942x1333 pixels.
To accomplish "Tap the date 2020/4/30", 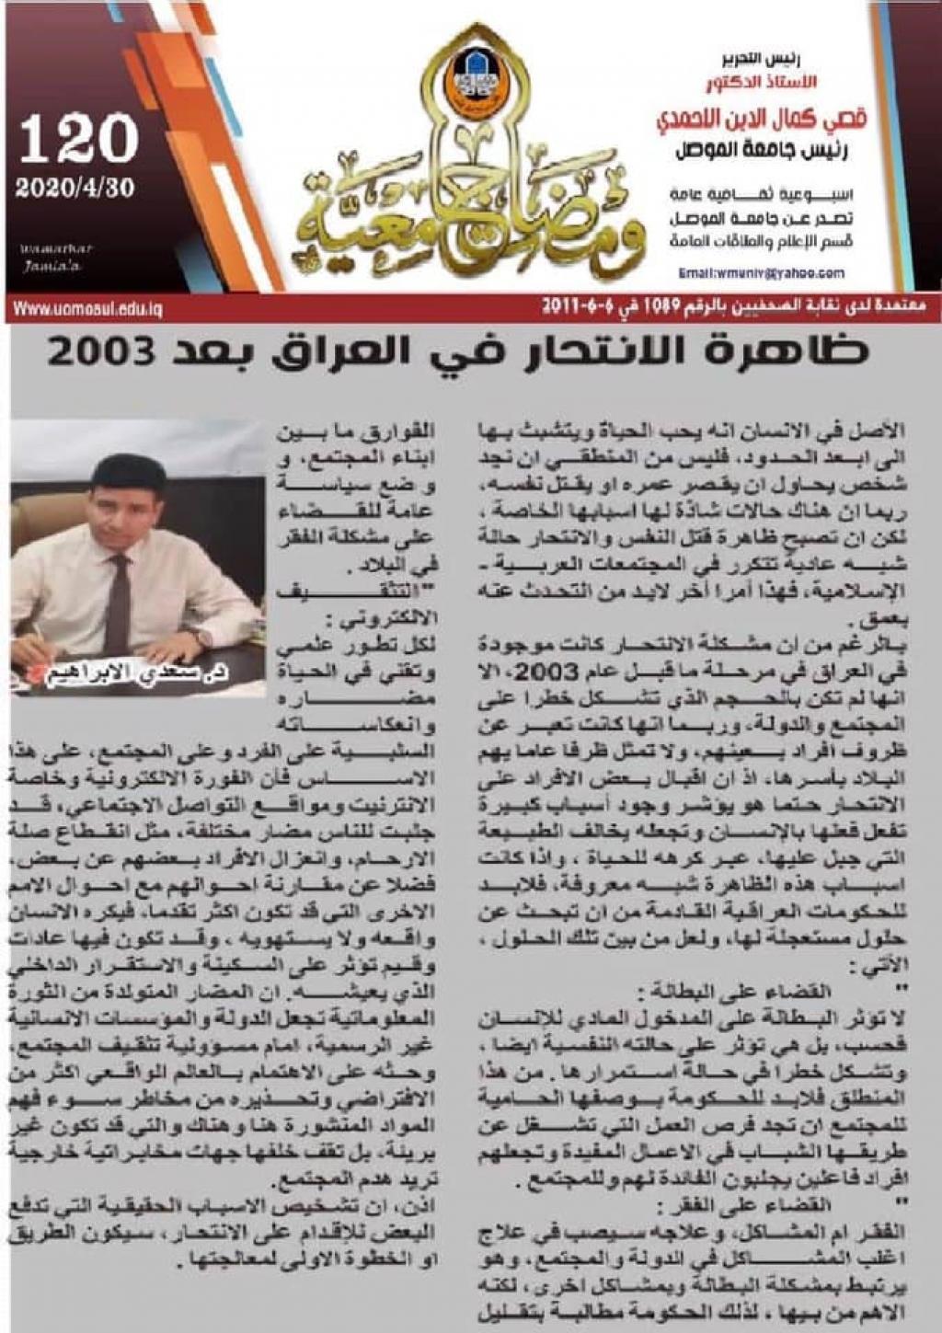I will [75, 188].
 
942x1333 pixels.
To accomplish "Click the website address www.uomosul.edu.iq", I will [87, 309].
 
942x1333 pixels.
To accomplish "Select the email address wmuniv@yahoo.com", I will [761, 273].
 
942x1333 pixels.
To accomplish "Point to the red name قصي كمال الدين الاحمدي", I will [764, 120].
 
